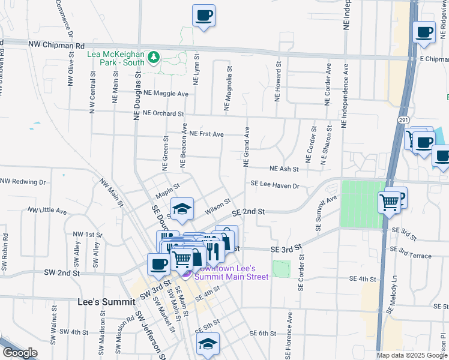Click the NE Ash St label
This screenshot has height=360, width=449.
coord(284,169)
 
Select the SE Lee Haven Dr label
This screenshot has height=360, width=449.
coord(274,185)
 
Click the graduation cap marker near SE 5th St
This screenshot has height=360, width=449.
coord(208,343)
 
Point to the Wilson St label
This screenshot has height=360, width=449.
coord(217,206)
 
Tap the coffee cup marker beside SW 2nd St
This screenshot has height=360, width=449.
coord(159,263)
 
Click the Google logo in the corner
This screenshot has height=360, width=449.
coord(20,353)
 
